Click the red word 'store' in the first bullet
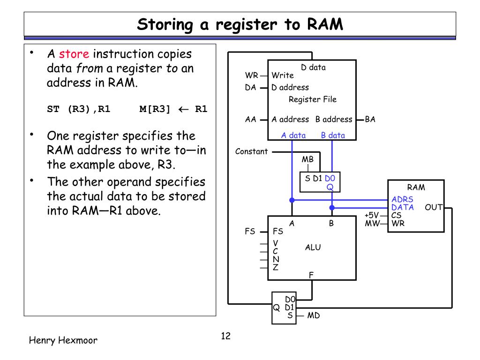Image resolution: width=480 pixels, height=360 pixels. [74, 54]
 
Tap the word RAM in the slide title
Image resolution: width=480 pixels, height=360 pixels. [325, 24]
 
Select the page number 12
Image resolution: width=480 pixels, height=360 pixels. [225, 336]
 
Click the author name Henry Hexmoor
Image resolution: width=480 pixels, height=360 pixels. [63, 340]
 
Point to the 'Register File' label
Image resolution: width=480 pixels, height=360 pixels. [313, 99]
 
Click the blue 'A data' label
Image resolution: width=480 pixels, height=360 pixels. [293, 135]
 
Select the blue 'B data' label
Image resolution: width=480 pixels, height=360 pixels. [333, 135]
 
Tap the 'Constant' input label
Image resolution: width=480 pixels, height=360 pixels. [251, 151]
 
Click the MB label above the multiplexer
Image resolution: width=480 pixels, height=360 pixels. [307, 159]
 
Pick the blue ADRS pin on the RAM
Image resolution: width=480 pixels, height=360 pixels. [402, 199]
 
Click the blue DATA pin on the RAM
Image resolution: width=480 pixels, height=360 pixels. [403, 207]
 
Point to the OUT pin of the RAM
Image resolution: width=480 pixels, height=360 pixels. [434, 207]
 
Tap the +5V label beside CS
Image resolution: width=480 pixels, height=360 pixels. [372, 215]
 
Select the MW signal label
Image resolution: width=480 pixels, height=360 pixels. [372, 223]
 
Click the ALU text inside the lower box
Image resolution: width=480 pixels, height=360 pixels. [313, 247]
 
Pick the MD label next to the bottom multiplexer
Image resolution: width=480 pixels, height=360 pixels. [314, 315]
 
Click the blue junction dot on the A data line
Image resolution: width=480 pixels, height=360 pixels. [292, 200]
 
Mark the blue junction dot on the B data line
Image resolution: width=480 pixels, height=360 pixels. [332, 208]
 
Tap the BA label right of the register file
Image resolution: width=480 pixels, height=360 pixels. [370, 119]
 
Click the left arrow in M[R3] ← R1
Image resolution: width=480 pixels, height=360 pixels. [183, 109]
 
